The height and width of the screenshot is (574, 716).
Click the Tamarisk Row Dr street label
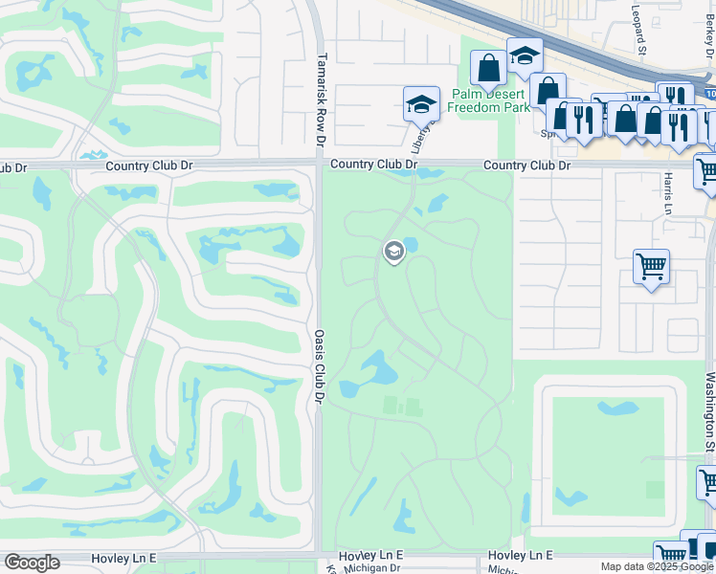coord(323,99)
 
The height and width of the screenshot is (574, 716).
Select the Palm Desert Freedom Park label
coord(488,100)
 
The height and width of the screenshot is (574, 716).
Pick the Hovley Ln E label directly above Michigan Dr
coord(372,555)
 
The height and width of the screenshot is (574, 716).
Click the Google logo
coord(32,563)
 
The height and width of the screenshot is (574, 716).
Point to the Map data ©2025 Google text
coord(658,567)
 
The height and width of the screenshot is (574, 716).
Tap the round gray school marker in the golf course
coord(392,252)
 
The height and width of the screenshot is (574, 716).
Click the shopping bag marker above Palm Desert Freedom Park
coord(488,69)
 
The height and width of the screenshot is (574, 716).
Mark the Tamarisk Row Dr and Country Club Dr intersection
coord(319,165)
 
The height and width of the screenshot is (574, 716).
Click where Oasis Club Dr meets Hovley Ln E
coord(319,555)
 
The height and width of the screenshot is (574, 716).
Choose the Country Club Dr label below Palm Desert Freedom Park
coord(526,166)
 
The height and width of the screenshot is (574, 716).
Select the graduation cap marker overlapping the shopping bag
coord(525,55)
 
